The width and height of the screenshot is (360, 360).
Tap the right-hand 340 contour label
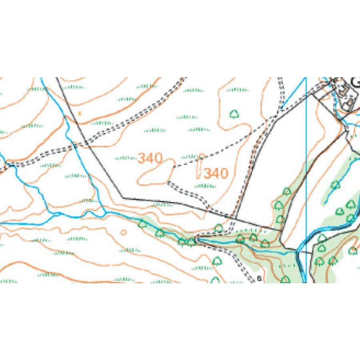tap(216, 173)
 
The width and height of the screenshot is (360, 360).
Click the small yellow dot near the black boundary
tap(79, 113)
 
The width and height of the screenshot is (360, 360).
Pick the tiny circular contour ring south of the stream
tap(124, 232)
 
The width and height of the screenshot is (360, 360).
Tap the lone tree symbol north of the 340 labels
tap(234, 115)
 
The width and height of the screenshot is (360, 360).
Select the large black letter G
tap(355, 82)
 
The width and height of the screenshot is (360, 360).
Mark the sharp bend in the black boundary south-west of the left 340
tap(123, 198)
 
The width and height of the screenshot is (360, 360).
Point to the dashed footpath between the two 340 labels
tap(186, 164)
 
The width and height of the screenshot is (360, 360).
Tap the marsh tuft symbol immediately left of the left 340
tap(125, 158)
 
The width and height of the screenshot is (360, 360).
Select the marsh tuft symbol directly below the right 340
tap(205, 186)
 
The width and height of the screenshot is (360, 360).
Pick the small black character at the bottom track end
tap(259, 279)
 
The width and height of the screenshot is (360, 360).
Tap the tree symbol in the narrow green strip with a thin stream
tap(335, 184)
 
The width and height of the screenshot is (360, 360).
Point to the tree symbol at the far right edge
tap(352, 251)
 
